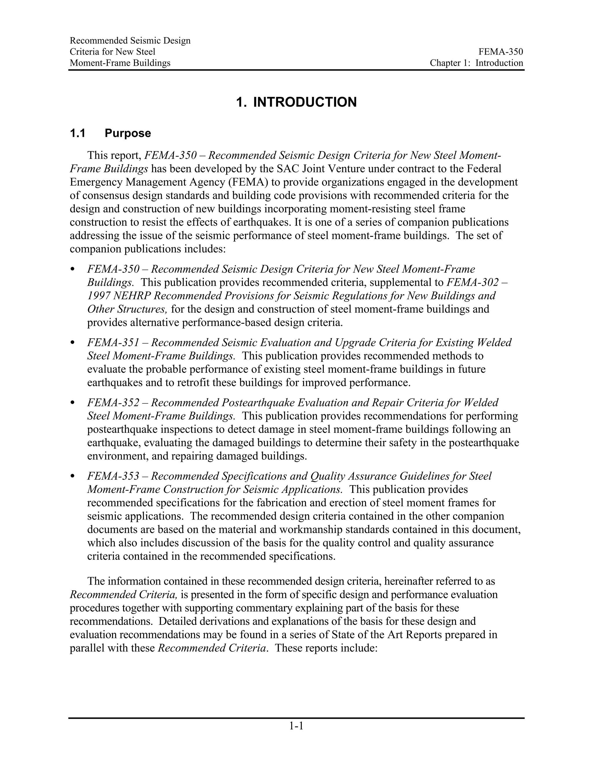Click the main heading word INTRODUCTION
(x=305, y=102)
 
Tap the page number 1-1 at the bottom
(x=296, y=726)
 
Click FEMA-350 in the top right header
(x=501, y=52)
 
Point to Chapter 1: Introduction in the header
(x=476, y=63)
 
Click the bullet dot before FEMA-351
(x=73, y=342)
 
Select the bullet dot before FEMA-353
(x=73, y=476)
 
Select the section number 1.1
(x=78, y=133)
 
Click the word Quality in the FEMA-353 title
(x=328, y=476)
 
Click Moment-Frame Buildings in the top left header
(x=120, y=63)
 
